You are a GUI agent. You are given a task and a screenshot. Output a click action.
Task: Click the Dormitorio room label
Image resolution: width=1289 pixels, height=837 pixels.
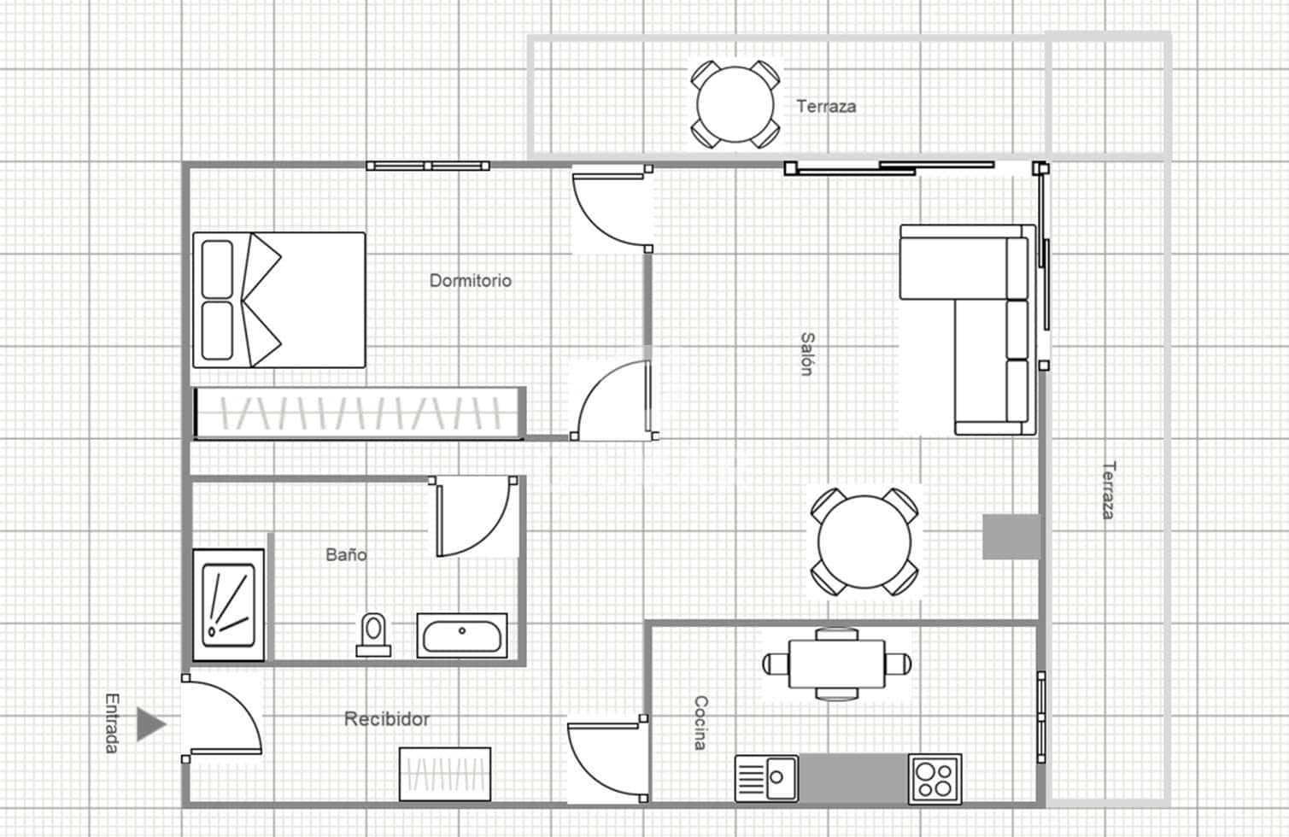coord(470,280)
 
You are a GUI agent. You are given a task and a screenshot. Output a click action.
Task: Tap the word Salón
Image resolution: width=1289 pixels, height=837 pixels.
coord(806,354)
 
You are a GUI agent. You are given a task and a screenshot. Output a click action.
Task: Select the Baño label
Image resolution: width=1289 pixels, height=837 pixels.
coord(346,554)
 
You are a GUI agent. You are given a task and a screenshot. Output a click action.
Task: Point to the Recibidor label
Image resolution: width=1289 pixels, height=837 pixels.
coord(386,719)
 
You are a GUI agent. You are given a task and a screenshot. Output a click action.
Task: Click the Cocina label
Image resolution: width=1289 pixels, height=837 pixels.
coord(700,723)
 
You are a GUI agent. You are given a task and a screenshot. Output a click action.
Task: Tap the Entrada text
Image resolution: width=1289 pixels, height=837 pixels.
coord(112,723)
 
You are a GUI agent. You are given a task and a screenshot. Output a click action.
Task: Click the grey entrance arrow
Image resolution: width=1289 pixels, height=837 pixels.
coord(152,724)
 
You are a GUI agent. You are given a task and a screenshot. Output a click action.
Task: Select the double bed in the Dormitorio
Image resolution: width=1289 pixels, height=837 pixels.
coord(279,300)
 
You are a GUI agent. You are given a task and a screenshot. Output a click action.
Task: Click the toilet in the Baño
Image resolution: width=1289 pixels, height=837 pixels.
coord(372,635)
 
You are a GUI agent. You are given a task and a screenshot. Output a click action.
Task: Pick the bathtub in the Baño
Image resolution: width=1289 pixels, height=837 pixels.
coord(462,636)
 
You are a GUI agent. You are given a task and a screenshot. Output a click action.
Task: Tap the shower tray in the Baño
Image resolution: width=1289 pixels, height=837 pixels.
coord(228,605)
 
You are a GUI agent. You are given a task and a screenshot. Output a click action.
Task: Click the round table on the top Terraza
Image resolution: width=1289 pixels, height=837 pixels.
coord(735,104)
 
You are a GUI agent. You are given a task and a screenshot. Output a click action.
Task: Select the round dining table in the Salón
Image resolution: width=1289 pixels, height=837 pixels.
coord(864,542)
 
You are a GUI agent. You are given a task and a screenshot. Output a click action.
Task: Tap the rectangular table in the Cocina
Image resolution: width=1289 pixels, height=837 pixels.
coord(836,664)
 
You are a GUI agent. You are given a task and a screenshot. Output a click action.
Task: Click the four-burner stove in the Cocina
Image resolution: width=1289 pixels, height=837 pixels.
coord(935,778)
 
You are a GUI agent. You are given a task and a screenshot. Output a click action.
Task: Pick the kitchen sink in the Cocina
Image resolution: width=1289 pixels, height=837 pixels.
coord(767,778)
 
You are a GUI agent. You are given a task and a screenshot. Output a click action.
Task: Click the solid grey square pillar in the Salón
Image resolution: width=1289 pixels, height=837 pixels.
coord(1011,537)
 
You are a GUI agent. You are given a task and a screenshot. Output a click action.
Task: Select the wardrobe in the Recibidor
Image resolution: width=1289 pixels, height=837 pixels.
coord(445,774)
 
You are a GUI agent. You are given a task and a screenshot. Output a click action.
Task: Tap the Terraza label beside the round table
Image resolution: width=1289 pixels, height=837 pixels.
coord(826,106)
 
